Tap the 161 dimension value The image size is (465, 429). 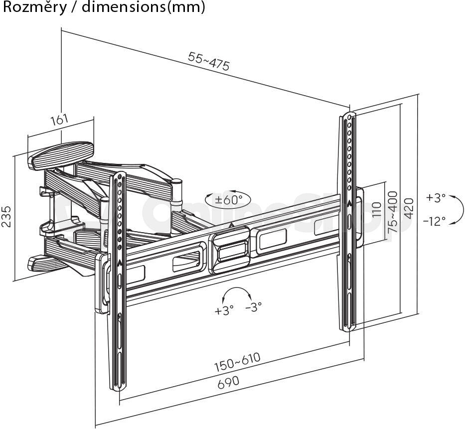tap(60, 120)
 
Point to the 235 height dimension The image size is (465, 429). tap(6, 217)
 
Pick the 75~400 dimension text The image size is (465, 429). tap(393, 212)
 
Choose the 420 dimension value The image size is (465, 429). tap(409, 208)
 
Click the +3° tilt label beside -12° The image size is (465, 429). tap(436, 197)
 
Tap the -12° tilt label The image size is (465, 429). tap(435, 221)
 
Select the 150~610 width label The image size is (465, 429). tap(237, 362)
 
